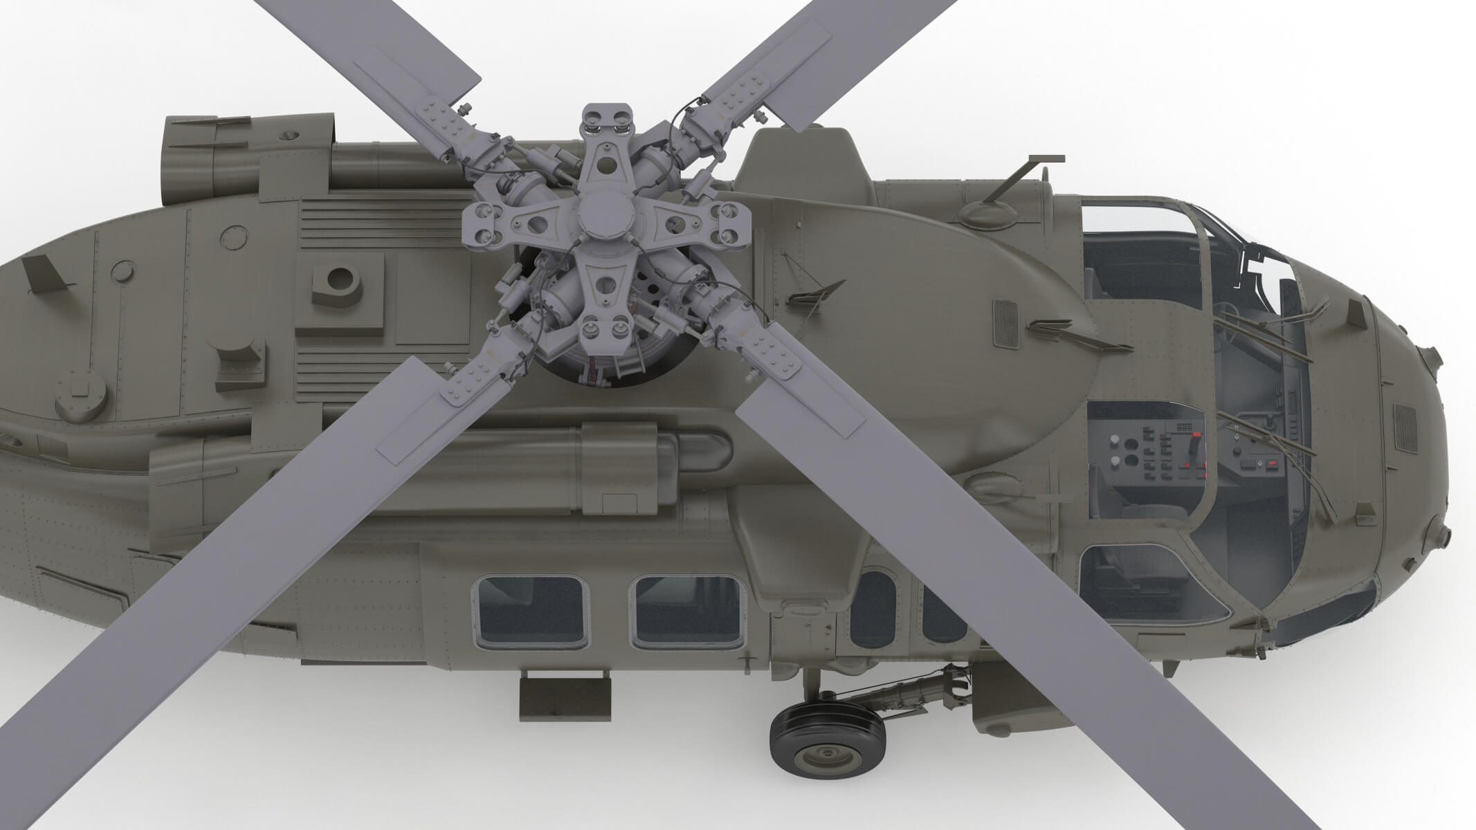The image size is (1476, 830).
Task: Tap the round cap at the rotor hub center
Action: pyautogui.click(x=599, y=214)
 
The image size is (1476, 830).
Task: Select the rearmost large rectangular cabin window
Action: pyautogui.click(x=530, y=611)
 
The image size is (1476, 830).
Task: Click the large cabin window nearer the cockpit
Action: pyautogui.click(x=686, y=611)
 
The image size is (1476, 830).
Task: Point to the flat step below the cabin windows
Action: pyautogui.click(x=565, y=698)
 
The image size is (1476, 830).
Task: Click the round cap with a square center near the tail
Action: pyautogui.click(x=82, y=398)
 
